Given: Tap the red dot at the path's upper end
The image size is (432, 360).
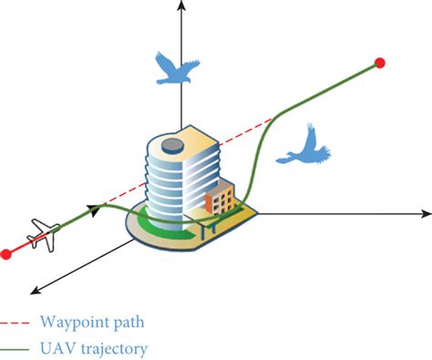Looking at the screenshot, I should pos(380,63).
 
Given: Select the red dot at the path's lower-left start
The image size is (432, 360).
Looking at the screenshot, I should pos(6,253).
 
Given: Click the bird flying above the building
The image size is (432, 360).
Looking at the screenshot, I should pos(177,67).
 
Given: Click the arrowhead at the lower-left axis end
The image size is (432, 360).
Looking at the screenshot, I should pos(34,291).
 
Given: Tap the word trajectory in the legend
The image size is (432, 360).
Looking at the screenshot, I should pos(111,348).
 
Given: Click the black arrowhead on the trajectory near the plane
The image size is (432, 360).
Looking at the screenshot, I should pos(94,210).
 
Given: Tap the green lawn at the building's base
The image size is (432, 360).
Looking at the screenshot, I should pos(155,227).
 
